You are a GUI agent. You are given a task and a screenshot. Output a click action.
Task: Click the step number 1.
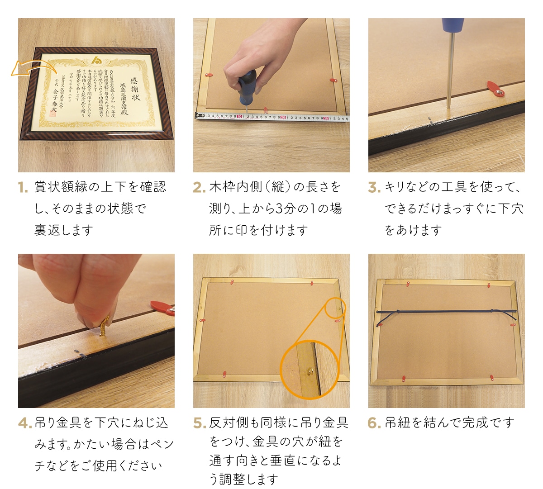[x=23, y=187]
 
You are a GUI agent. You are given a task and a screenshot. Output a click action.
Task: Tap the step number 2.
[x=199, y=187]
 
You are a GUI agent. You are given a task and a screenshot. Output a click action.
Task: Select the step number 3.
[x=374, y=187]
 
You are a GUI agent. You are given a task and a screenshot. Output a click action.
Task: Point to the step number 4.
[x=24, y=423]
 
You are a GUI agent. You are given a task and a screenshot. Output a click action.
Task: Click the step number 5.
[x=199, y=423]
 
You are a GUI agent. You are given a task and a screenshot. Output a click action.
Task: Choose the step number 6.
[x=374, y=423]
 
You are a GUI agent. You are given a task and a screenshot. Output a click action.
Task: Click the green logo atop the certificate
[x=97, y=60]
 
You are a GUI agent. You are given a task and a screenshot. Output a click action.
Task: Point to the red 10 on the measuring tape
[x=240, y=117]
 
